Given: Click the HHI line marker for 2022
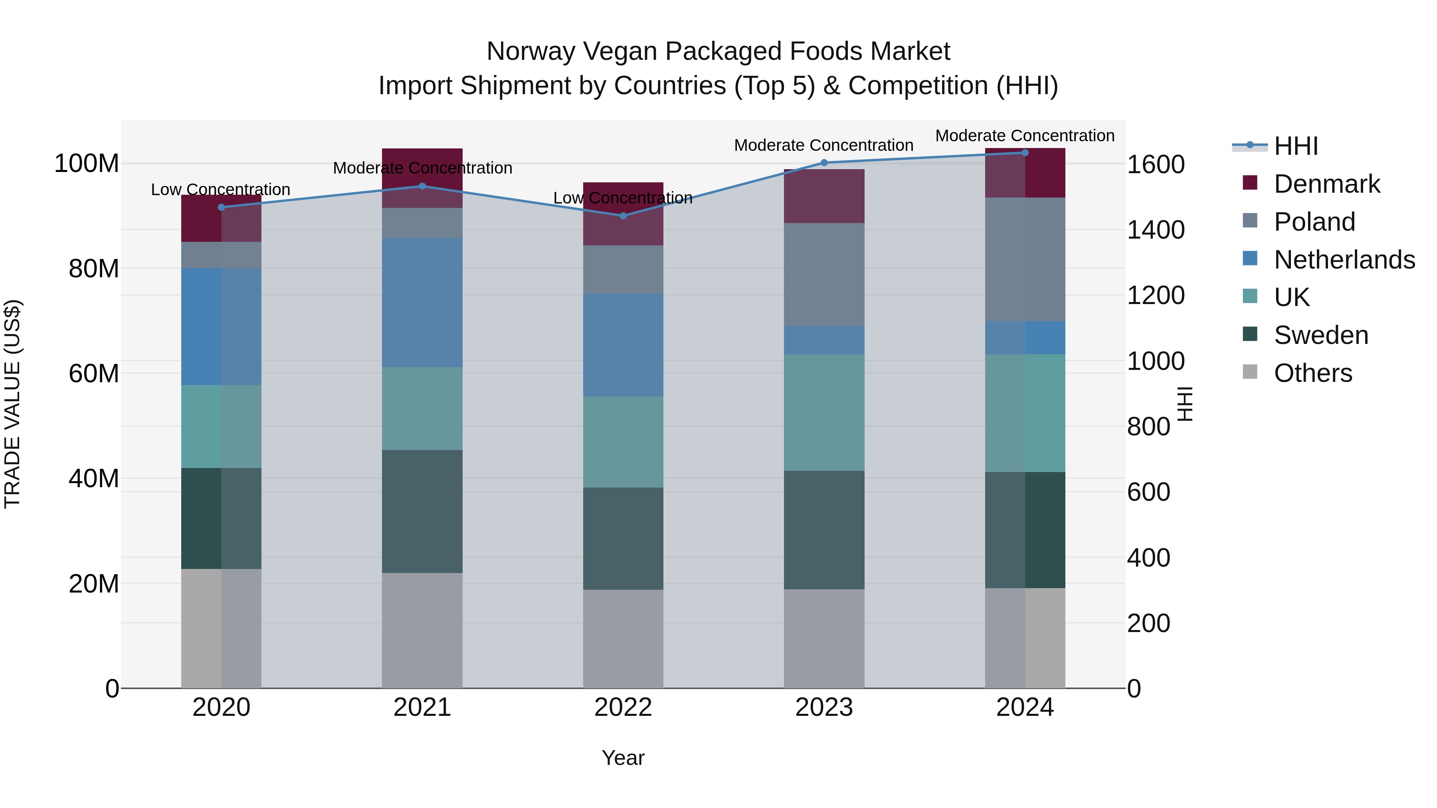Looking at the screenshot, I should click(x=623, y=216).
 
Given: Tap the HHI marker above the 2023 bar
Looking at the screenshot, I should click(x=824, y=163).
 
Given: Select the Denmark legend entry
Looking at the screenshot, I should click(x=1326, y=184).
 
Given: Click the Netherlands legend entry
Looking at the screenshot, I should click(x=1343, y=260).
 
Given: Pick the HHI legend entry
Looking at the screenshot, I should click(x=1295, y=146).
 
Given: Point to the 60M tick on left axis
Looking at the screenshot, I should click(x=94, y=373).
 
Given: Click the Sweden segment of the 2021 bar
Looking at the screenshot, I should click(x=422, y=512).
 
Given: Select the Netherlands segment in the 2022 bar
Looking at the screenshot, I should click(x=623, y=345).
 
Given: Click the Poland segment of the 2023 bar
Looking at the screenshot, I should click(x=824, y=275).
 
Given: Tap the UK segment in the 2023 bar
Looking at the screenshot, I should click(x=824, y=413).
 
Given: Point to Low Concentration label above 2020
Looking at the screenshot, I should click(x=220, y=190).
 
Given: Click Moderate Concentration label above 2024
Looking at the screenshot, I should click(x=1024, y=136).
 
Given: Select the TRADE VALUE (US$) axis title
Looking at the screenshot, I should click(x=12, y=404).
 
